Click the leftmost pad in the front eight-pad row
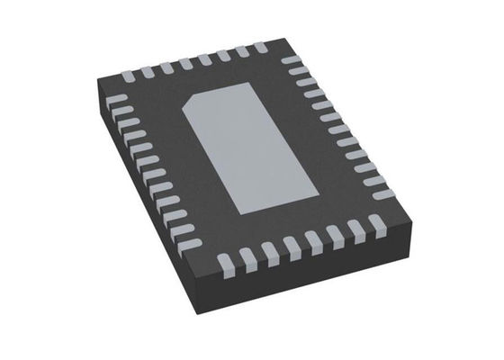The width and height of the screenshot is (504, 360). (x=225, y=264)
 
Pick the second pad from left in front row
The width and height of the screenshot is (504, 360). (x=247, y=258)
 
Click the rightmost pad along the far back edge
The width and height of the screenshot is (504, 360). (x=260, y=46)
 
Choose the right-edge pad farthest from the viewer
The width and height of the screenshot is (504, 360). (x=291, y=60)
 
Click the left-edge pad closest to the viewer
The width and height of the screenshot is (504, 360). (x=190, y=240)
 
